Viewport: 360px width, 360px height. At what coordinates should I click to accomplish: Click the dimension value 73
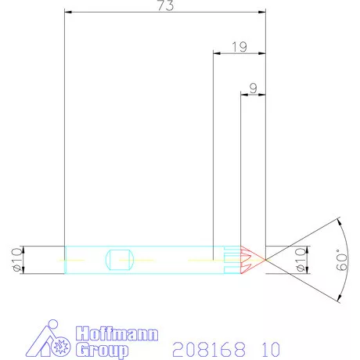click(x=166, y=6)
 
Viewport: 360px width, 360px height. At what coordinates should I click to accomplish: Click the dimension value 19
click(x=240, y=47)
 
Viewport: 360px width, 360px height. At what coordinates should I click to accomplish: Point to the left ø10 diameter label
click(x=15, y=258)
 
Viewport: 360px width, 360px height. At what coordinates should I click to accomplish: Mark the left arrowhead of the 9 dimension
click(x=243, y=95)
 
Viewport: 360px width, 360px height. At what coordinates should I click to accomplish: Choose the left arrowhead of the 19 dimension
click(x=216, y=54)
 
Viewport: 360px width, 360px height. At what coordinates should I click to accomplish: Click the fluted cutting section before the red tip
click(x=232, y=258)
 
